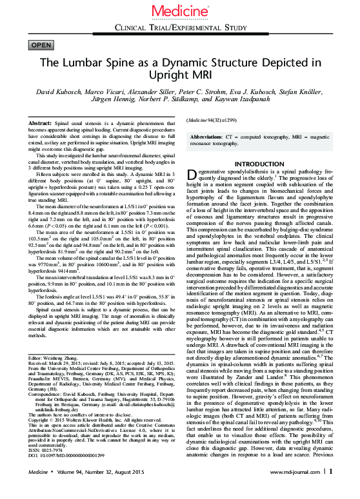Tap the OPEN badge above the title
pos(41,44)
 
